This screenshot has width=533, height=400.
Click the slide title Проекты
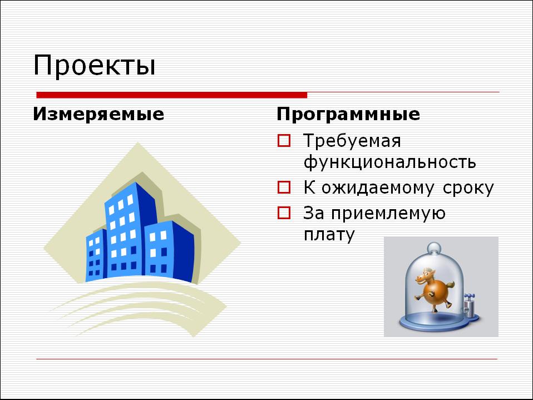(x=94, y=65)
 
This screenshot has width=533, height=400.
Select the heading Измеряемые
(x=98, y=114)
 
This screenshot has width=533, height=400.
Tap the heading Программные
(x=348, y=114)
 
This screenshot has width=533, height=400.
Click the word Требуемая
(x=352, y=141)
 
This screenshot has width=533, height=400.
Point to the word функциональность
(x=389, y=162)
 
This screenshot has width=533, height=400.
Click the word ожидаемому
(x=378, y=188)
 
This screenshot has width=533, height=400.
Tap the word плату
(x=329, y=235)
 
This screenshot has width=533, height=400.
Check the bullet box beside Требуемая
(x=284, y=141)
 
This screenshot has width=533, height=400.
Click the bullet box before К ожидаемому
(x=284, y=187)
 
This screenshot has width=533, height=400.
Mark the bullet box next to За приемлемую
(x=284, y=213)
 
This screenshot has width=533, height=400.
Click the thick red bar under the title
(x=172, y=95)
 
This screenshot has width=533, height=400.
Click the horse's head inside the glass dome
(x=426, y=276)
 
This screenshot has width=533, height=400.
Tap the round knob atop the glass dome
(x=434, y=248)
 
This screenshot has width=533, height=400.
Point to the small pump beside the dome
(x=470, y=305)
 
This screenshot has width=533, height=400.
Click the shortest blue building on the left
(x=96, y=255)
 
